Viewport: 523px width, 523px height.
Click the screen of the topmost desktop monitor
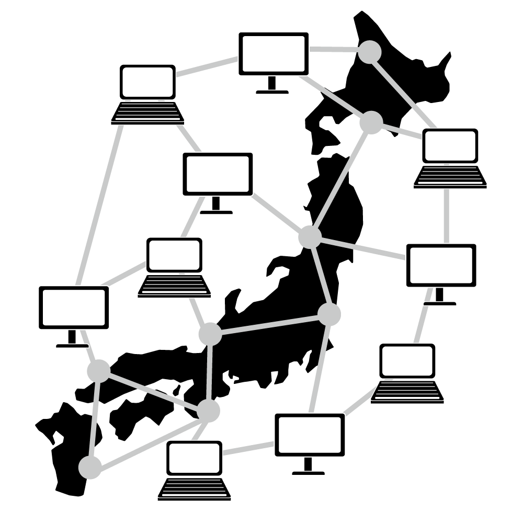[x=273, y=53]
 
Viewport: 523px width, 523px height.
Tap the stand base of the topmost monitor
[x=272, y=92]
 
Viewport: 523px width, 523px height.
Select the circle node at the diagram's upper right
[x=370, y=52]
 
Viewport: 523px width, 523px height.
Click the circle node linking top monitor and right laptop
[x=371, y=122]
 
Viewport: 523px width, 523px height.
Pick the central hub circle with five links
[x=310, y=237]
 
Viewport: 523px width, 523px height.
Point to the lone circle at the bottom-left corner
[x=90, y=467]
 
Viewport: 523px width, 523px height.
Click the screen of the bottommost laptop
[x=194, y=458]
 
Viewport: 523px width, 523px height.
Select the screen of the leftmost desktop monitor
[x=74, y=308]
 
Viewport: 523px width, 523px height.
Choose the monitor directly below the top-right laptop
[x=441, y=265]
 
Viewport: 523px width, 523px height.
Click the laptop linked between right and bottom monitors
[x=407, y=373]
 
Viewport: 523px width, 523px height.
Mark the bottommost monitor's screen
[x=310, y=435]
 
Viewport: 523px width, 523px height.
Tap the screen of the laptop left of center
[x=174, y=255]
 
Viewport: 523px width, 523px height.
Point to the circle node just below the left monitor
[x=99, y=371]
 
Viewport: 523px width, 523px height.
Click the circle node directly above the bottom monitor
[x=329, y=314]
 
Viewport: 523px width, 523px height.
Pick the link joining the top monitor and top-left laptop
[x=207, y=67]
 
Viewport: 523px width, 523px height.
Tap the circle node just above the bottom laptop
[x=208, y=411]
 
